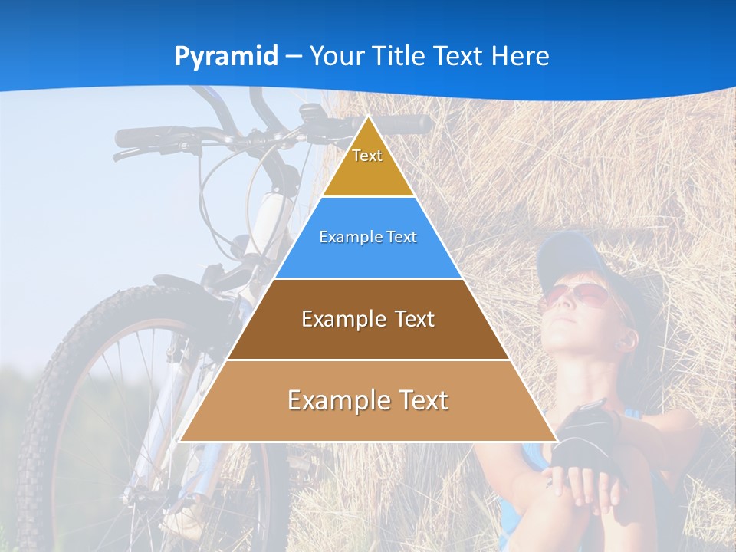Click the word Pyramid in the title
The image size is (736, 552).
pyautogui.click(x=225, y=57)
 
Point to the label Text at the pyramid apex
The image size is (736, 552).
pyautogui.click(x=367, y=156)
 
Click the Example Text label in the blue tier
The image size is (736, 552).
pyautogui.click(x=368, y=237)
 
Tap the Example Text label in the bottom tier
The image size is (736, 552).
pyautogui.click(x=368, y=400)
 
